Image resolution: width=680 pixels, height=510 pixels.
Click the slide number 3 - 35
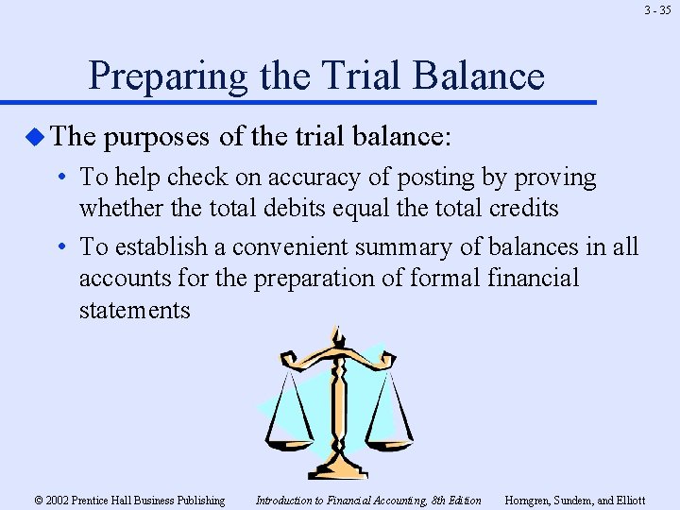point(658,11)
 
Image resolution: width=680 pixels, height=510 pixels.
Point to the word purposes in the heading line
point(157,137)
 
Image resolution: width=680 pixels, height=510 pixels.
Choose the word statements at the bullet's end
point(134,311)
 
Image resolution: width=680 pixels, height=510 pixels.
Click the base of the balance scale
point(339,468)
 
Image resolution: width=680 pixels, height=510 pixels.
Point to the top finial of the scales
point(334,332)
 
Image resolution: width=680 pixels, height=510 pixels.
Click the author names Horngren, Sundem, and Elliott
point(575,500)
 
